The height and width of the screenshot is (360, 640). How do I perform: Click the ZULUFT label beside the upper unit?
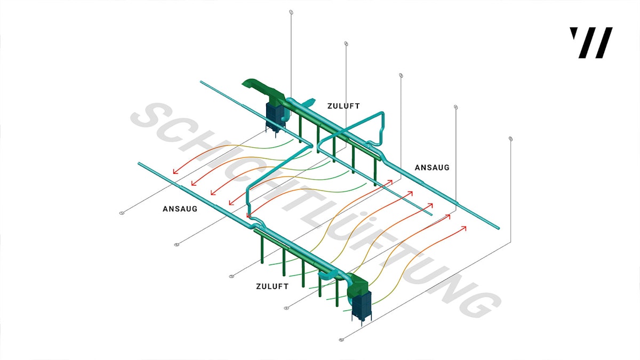pos(343,106)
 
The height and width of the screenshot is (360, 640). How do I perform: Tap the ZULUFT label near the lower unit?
pos(272,286)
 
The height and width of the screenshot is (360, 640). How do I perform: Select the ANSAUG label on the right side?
pos(432,167)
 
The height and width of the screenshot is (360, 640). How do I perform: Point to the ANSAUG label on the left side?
pos(180,209)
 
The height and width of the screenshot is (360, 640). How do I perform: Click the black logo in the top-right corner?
pos(591,43)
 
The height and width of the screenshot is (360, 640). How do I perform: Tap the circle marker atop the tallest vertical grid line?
pos(291,12)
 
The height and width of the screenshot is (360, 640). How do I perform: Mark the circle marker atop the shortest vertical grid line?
pos(511,139)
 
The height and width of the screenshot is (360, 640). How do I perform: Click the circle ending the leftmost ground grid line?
pos(122,213)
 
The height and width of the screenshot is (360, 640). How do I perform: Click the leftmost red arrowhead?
pos(174,172)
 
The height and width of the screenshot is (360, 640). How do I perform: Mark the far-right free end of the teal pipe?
pos(499,229)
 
